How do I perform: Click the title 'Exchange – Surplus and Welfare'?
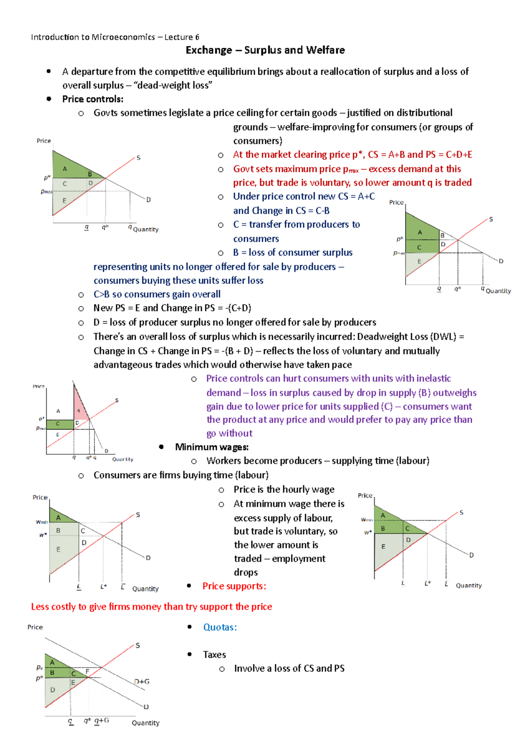point(265,50)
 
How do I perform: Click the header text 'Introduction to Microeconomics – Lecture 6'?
point(115,37)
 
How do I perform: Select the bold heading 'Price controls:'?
point(93,99)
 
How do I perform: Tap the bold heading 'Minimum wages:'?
point(212,447)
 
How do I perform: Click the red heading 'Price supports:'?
point(234,586)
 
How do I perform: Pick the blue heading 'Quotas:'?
point(220,627)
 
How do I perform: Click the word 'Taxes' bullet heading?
point(214,655)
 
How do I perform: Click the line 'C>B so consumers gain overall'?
point(157,294)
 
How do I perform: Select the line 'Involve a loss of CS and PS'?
point(289,668)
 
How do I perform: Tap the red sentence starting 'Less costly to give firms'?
point(151,607)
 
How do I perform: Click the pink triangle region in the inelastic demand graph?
point(80,406)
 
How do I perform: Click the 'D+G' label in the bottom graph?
point(142,681)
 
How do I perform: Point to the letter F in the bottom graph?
point(87,671)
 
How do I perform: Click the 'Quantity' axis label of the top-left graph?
point(145,229)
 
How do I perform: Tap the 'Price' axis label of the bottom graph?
point(35,627)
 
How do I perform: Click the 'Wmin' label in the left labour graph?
point(42,522)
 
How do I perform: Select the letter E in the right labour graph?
point(383,547)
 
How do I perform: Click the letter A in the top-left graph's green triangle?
point(65,169)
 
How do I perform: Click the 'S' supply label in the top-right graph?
point(491,219)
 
